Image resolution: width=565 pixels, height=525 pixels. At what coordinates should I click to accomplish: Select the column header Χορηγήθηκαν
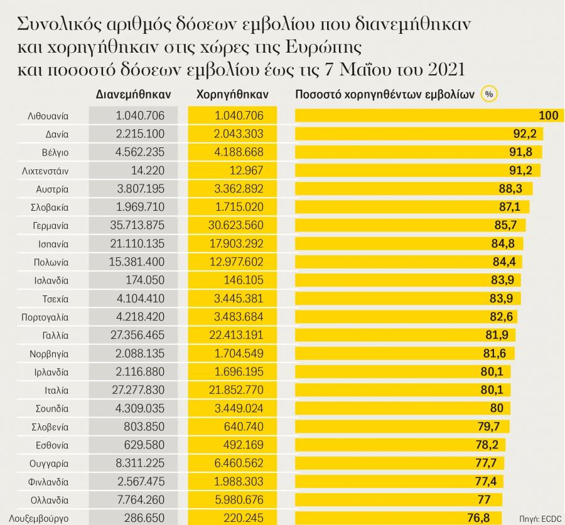(232, 94)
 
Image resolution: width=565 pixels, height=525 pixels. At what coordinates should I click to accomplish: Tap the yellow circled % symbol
(489, 94)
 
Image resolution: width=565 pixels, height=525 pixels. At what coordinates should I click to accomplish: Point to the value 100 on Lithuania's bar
(547, 115)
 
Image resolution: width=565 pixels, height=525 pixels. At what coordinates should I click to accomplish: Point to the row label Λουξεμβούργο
(40, 519)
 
